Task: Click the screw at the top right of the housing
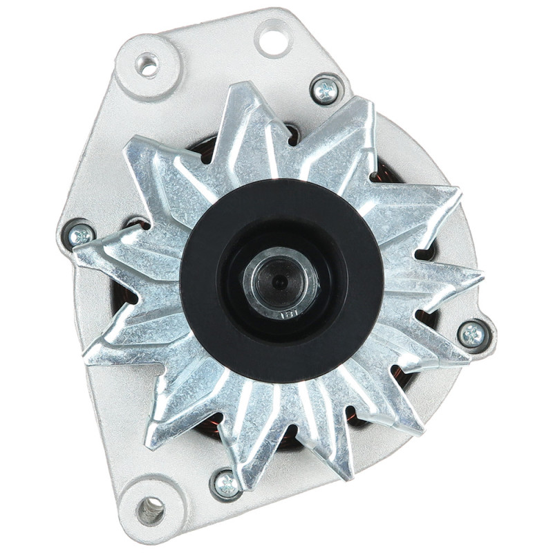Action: (x=325, y=89)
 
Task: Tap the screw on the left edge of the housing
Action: (x=81, y=235)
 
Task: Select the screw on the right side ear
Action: (x=474, y=335)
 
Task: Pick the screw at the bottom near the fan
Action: (x=226, y=483)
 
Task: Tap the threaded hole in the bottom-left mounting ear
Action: (x=149, y=511)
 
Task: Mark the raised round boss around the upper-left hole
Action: (x=147, y=66)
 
